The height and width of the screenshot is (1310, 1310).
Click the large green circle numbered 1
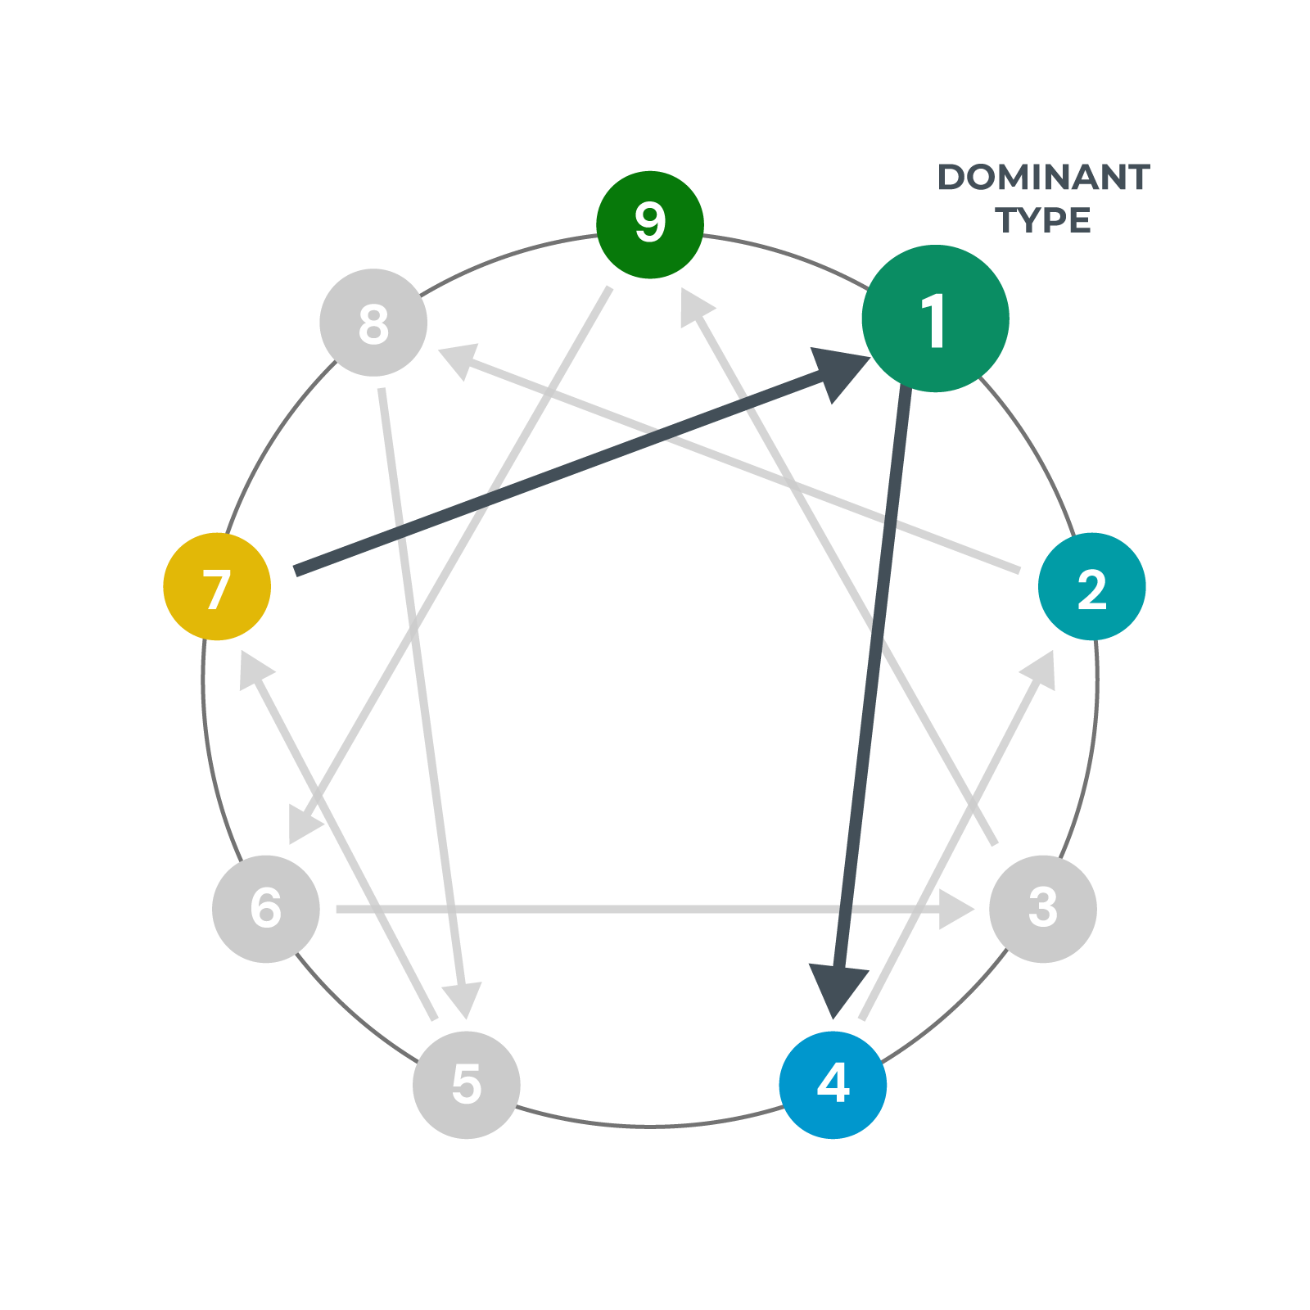point(935,318)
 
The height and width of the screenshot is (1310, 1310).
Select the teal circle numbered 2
point(1091,587)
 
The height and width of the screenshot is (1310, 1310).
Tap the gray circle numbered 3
point(1043,909)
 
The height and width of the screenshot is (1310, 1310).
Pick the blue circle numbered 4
point(833,1085)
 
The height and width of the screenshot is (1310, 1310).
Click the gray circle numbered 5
point(467,1085)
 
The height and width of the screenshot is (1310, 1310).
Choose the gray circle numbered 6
point(266,909)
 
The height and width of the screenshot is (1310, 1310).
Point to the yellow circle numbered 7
point(217,587)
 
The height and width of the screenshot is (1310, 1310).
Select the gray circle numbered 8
point(373,323)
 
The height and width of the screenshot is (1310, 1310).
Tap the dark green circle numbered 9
point(650,225)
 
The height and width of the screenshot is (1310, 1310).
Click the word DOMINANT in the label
point(1043,178)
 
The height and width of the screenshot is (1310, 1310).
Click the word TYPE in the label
point(1043,220)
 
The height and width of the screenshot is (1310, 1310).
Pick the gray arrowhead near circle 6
point(305,824)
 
